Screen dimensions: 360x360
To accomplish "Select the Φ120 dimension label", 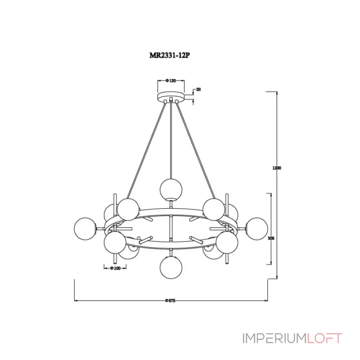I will tap(171, 81).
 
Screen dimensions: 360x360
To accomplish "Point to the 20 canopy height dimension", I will tap(198, 90).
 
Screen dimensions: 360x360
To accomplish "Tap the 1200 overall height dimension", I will tap(277, 168).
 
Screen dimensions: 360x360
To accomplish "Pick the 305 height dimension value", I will tap(271, 238).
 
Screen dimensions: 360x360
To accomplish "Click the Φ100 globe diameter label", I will tap(117, 269).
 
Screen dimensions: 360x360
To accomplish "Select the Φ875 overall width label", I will tap(170, 300).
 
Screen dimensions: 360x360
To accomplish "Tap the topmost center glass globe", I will tap(171, 189).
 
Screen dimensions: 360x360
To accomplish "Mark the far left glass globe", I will tap(86, 228).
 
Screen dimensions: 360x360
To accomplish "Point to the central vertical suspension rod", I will tap(171, 139).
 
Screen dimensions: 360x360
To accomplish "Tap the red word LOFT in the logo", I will tap(324, 338).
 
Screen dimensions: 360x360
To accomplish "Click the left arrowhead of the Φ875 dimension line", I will tap(76, 300).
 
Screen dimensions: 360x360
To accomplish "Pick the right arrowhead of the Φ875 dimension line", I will tap(266, 300).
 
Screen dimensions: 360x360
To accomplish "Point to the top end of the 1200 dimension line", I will tap(277, 92).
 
